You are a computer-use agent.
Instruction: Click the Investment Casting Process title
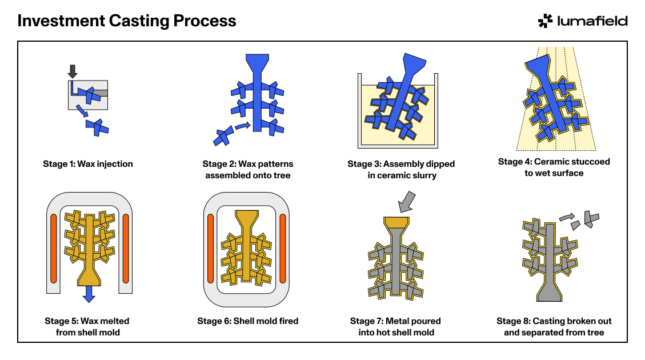127,21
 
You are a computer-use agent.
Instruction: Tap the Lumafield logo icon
545,21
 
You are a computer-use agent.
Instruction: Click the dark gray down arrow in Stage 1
72,71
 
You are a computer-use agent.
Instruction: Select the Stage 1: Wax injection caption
88,164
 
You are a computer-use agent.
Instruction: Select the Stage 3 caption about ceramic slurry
401,170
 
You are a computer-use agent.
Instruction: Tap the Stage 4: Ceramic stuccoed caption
554,167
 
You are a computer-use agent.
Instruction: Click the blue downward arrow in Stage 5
88,294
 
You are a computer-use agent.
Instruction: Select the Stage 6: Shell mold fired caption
247,321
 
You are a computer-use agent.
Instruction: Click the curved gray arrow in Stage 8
566,217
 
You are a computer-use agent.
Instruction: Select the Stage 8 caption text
554,327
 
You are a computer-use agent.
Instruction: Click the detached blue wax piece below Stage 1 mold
98,127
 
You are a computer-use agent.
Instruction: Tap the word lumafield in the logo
592,21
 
